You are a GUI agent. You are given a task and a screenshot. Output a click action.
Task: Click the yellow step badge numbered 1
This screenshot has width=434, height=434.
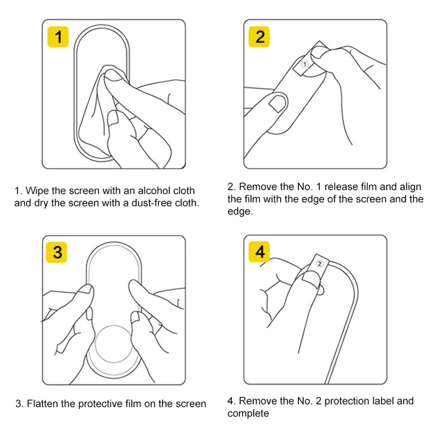click(x=58, y=36)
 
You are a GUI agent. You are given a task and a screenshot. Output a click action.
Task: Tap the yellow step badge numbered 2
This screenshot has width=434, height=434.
click(x=259, y=36)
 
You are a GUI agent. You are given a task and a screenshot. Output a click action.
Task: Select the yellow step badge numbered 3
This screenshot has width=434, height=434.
click(x=56, y=252)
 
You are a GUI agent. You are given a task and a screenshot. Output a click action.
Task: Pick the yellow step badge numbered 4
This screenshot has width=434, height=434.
click(x=259, y=251)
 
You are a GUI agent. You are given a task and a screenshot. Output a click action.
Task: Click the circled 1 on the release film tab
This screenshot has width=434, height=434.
click(x=305, y=64)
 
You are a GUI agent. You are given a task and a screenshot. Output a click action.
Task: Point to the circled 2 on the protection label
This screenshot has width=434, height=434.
click(x=320, y=264)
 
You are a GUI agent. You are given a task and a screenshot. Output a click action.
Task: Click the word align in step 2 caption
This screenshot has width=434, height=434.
click(x=410, y=187)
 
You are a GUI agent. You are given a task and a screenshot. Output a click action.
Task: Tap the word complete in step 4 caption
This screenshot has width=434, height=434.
click(x=248, y=414)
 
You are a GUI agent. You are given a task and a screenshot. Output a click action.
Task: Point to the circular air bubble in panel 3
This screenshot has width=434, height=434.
click(x=114, y=344)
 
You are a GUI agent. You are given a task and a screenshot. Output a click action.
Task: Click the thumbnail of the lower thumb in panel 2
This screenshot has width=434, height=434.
click(x=278, y=103)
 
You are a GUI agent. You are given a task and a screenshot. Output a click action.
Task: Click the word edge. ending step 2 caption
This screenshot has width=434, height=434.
click(x=240, y=212)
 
